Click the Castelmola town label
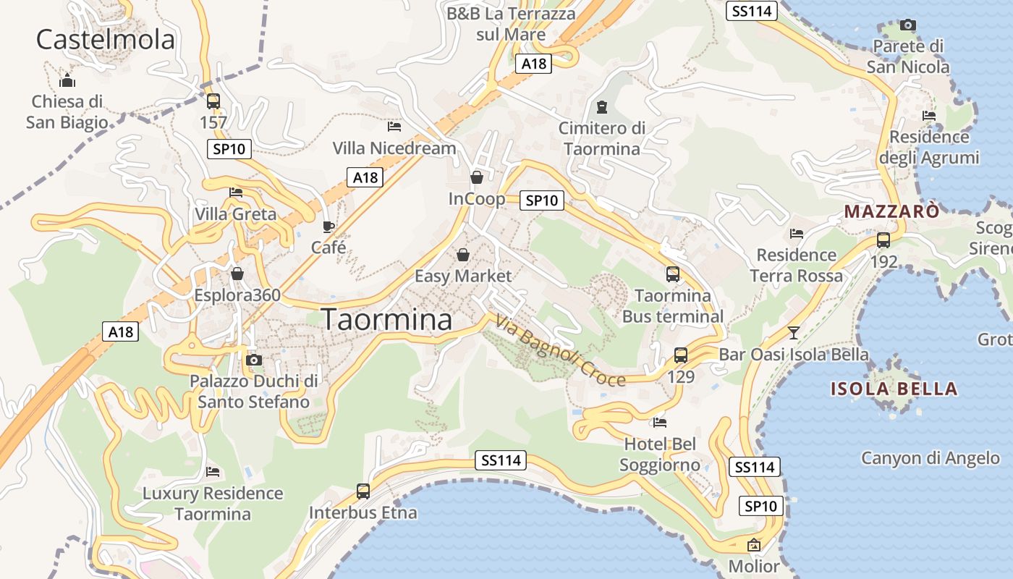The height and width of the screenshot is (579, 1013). pos(106,39)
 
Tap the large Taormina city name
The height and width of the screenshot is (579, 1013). pos(386,319)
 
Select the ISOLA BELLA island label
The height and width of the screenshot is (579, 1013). pos(894,389)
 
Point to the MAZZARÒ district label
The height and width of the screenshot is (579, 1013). pos(892,211)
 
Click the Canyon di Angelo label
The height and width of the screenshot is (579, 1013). pos(930,457)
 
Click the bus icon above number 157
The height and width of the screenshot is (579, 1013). pos(213,101)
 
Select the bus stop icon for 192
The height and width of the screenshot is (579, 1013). pos(883,240)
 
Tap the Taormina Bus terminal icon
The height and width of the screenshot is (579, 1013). pos(673,274)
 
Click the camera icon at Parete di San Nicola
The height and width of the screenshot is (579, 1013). pos(908,25)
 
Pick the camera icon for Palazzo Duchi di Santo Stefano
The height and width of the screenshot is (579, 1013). pos(253,360)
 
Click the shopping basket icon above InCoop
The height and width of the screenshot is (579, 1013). pos(476,177)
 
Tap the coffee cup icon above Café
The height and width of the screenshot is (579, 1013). pos(328,227)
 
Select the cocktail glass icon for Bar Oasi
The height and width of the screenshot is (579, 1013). pos(794,333)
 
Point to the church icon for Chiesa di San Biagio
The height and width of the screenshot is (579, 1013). pos(67,80)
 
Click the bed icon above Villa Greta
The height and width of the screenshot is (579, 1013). pos(236,193)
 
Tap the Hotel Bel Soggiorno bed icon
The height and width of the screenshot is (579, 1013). pos(659,423)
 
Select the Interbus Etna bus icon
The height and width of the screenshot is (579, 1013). pos(363,491)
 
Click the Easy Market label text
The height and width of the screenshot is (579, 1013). pos(462,276)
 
